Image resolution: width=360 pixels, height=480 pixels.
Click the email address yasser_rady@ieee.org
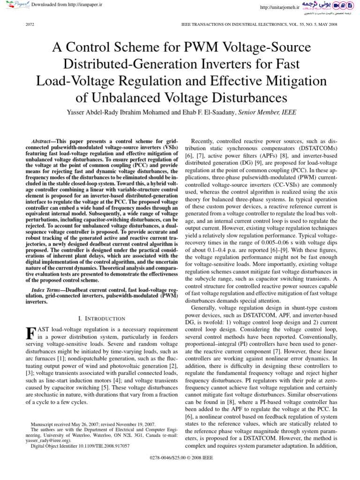[x=47, y=441]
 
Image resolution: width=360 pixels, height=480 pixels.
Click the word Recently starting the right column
[x=204, y=127]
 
